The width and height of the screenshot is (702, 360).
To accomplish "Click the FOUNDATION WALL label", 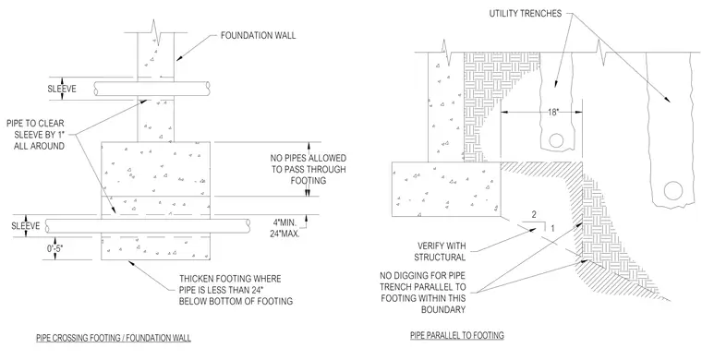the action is [x=259, y=35].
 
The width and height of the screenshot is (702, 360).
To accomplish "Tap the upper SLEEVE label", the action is [x=62, y=89].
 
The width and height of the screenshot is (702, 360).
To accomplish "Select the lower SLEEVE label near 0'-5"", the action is [x=26, y=226].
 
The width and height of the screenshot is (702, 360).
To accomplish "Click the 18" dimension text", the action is [x=554, y=112].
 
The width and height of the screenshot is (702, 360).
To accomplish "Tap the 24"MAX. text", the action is [x=286, y=233].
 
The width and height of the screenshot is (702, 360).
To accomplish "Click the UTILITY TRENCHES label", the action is [x=526, y=14].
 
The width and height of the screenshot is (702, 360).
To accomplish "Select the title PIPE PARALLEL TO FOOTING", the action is [x=457, y=335].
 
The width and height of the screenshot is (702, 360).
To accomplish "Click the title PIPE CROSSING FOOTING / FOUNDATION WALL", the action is [x=114, y=338].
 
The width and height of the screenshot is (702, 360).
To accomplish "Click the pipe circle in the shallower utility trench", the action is [x=556, y=141].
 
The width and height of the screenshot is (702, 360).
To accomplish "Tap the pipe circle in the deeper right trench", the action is [x=672, y=191].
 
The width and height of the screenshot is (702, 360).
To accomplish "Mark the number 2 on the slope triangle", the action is [x=534, y=215].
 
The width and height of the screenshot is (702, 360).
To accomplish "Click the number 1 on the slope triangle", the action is [x=552, y=229].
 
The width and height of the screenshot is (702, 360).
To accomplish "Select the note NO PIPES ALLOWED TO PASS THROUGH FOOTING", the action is [x=308, y=170].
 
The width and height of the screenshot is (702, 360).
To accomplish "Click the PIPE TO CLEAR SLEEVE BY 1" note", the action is [x=36, y=134].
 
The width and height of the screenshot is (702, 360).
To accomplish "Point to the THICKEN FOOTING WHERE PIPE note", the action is [x=236, y=290].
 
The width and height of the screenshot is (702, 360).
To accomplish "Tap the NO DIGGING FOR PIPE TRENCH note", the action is [x=423, y=293].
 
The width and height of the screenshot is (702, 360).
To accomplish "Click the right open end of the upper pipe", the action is [x=208, y=89].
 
